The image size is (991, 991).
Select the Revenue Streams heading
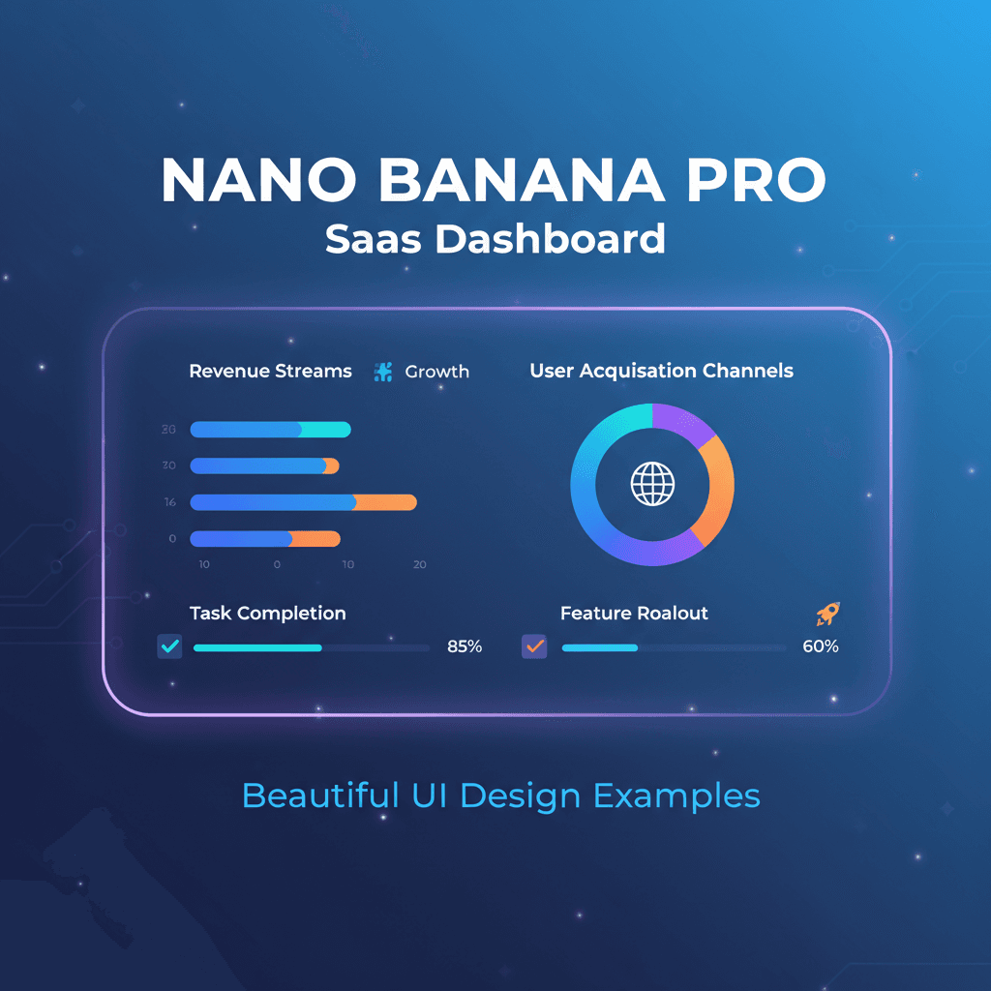(270, 371)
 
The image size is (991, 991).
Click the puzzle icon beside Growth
(383, 372)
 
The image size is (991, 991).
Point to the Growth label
(436, 372)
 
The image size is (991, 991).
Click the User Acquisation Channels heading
(661, 371)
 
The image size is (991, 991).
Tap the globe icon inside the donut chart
(651, 483)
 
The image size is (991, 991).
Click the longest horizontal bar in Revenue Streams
(303, 502)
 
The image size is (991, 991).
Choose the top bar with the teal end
(270, 430)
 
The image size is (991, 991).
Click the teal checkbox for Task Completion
(169, 646)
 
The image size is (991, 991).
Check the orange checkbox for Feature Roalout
(534, 646)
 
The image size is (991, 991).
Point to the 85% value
(464, 646)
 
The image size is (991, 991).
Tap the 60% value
(820, 646)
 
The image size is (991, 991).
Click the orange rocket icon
(827, 613)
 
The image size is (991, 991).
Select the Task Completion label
(267, 613)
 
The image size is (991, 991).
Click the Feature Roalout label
(634, 613)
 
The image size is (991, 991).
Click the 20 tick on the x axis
(419, 564)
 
